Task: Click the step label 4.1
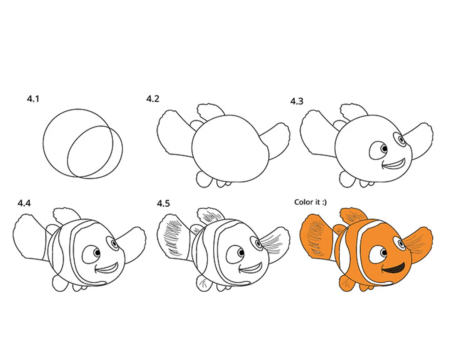click(x=33, y=99)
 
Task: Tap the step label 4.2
click(x=153, y=99)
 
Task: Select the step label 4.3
click(x=297, y=101)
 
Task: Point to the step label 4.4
click(x=24, y=203)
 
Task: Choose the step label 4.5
click(x=163, y=203)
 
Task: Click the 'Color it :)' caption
click(x=310, y=202)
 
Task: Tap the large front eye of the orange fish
click(x=378, y=254)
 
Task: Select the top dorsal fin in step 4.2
click(x=210, y=112)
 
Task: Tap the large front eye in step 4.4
click(x=91, y=254)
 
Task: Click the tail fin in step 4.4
click(x=30, y=238)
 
